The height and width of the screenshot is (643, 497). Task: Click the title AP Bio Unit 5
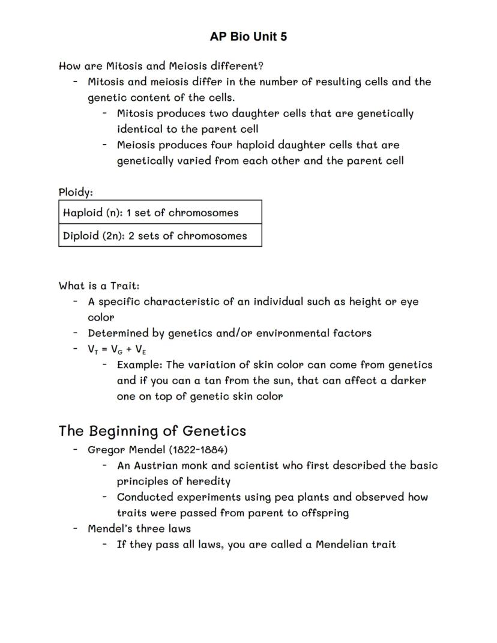click(x=248, y=37)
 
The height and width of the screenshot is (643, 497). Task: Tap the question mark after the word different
click(x=261, y=66)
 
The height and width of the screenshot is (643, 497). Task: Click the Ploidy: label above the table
click(x=76, y=192)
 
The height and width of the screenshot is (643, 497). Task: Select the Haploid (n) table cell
click(x=160, y=213)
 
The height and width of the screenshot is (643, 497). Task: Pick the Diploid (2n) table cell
click(x=160, y=236)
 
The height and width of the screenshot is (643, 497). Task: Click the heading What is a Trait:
click(x=99, y=286)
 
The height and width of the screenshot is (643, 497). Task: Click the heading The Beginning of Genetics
click(x=152, y=431)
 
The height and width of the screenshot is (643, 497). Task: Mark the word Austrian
click(x=155, y=465)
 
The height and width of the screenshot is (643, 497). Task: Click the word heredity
click(x=208, y=481)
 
